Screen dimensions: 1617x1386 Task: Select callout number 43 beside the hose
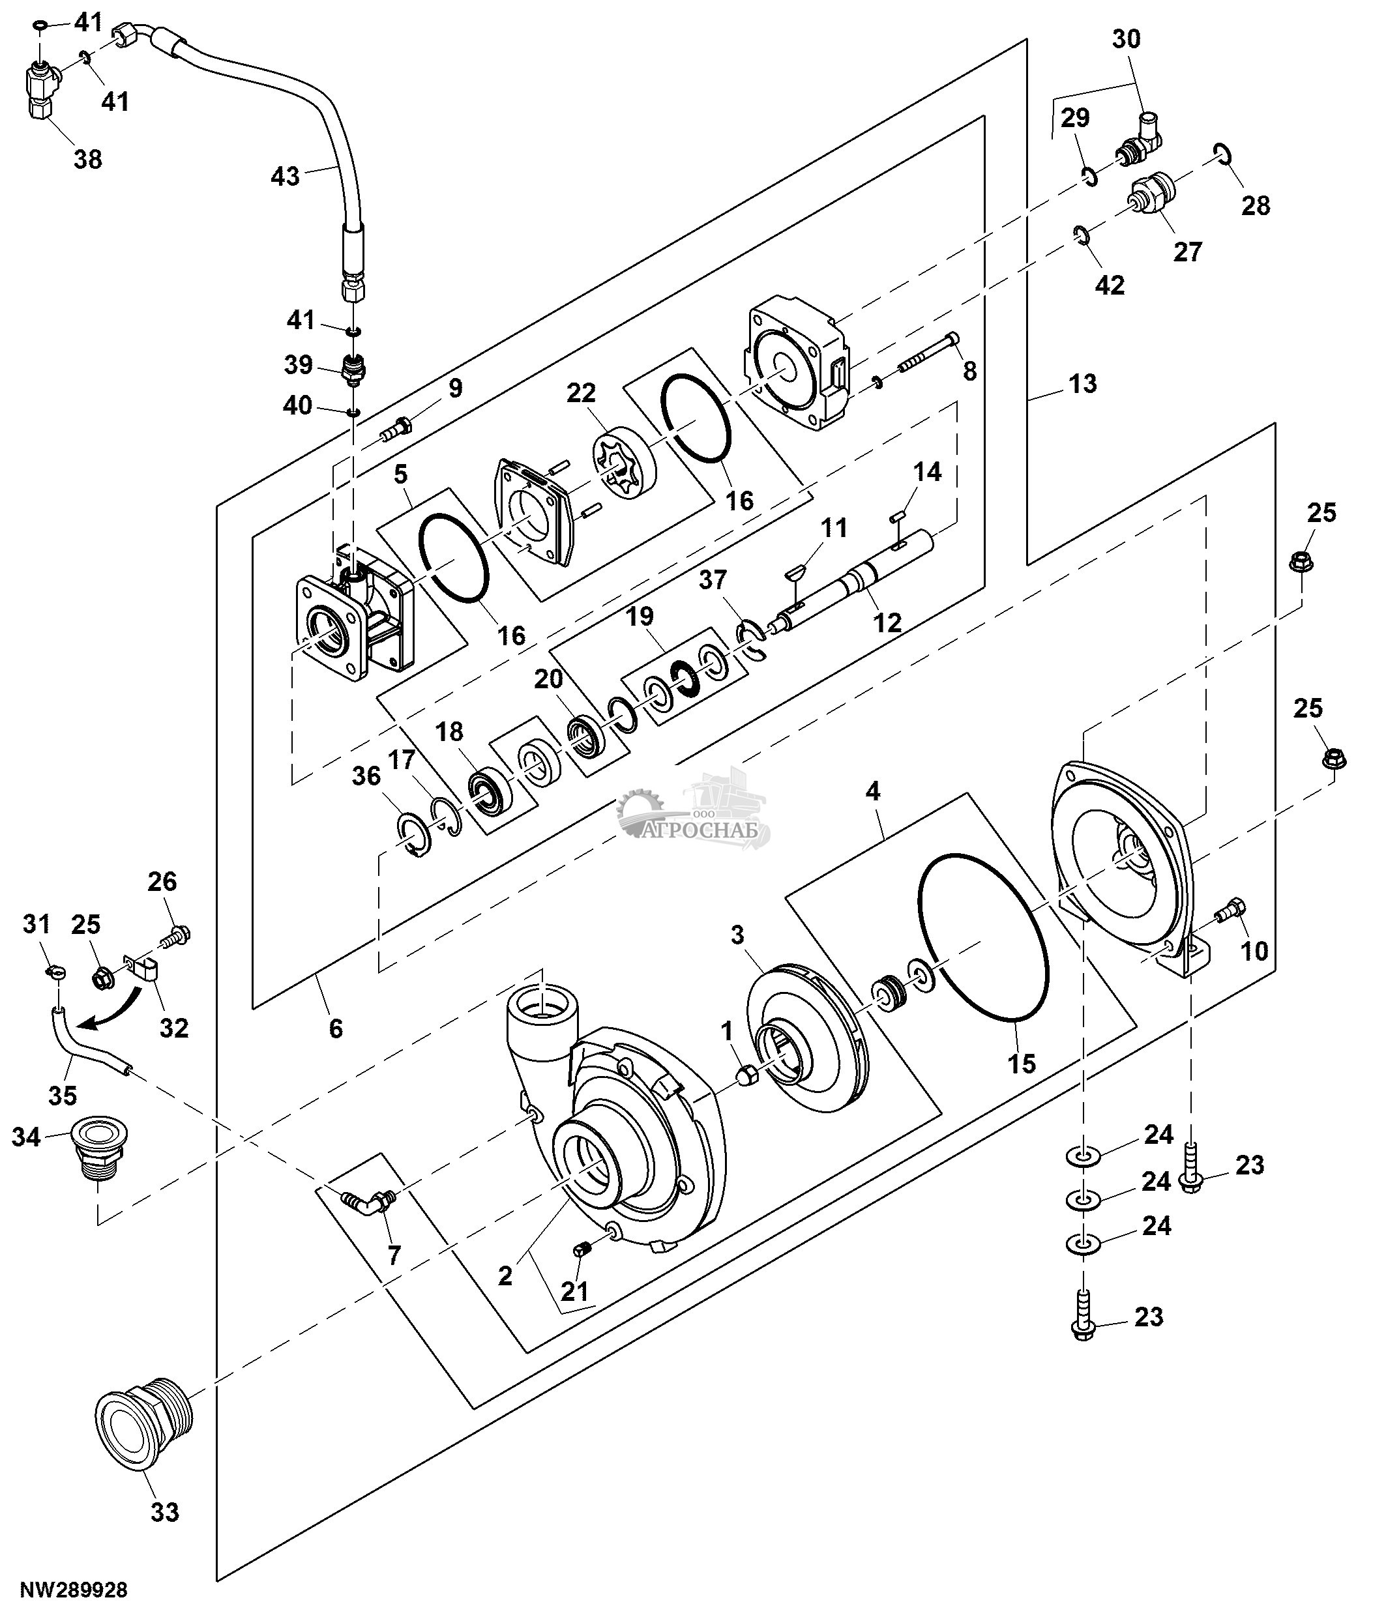[285, 177]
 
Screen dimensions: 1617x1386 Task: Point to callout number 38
[87, 158]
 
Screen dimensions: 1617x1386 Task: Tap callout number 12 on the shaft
[887, 622]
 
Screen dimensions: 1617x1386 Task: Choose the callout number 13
[1082, 383]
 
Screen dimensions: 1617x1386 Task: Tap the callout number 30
[1125, 39]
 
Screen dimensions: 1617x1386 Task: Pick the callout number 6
[336, 1028]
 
